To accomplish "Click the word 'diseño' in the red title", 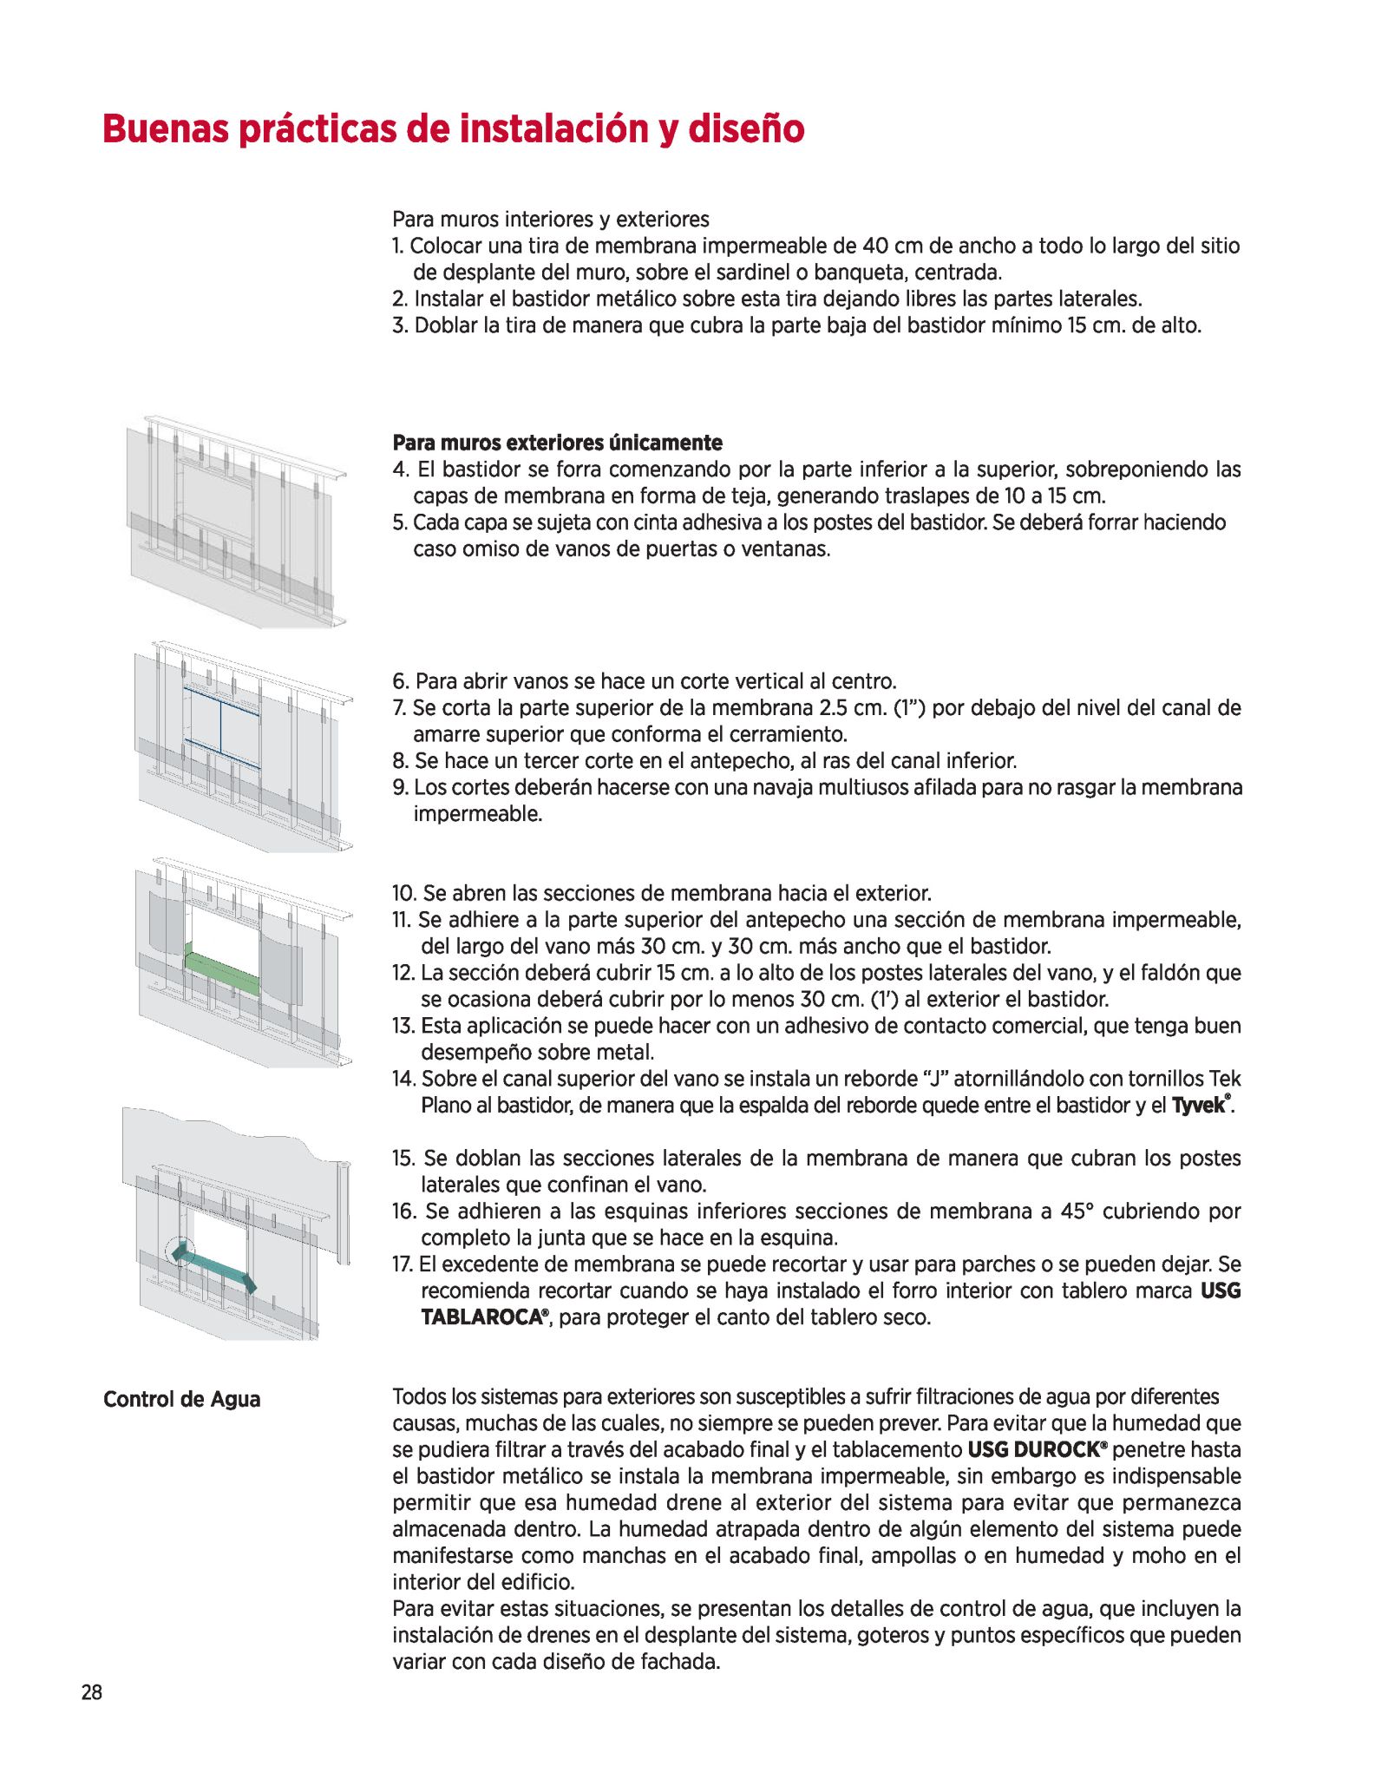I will click(x=745, y=128).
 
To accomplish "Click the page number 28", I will click(x=91, y=1691).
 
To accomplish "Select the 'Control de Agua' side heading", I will click(x=181, y=1399).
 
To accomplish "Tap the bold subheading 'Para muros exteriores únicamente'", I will click(x=557, y=443).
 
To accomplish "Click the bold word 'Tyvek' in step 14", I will click(x=1198, y=1106).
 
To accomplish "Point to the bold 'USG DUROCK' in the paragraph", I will click(x=1037, y=1449).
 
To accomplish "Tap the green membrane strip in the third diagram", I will click(x=222, y=973).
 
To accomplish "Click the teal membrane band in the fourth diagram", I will click(x=213, y=1268).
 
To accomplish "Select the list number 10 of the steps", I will click(x=403, y=893).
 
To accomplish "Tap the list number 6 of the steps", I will click(x=400, y=681).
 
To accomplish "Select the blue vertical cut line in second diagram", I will click(x=221, y=727).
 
